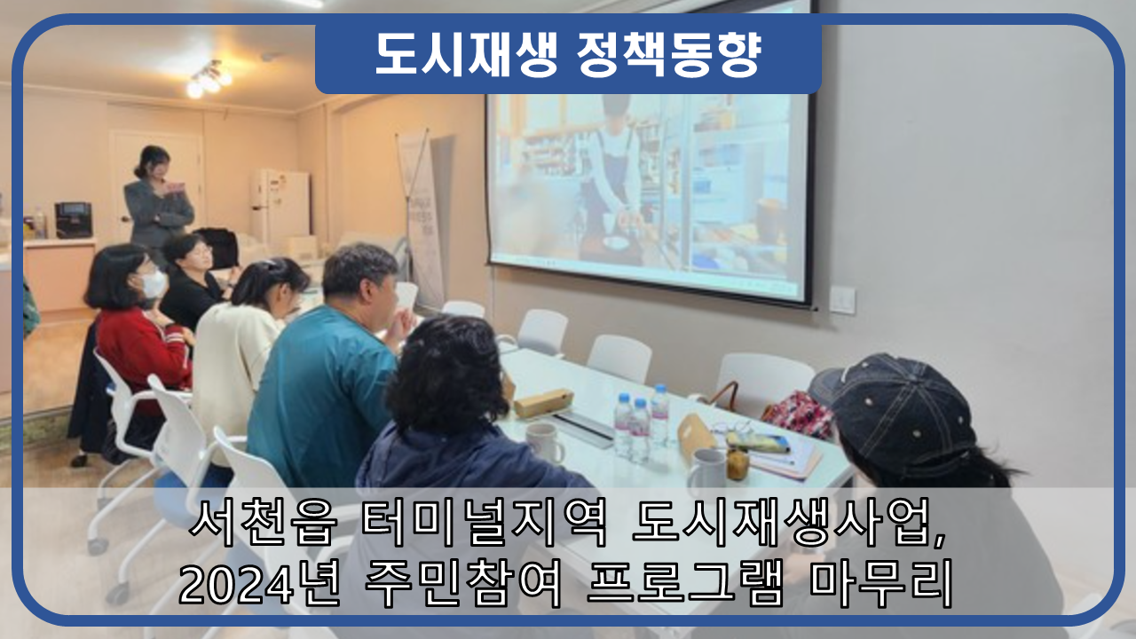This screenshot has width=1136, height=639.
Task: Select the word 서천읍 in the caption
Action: coord(263,523)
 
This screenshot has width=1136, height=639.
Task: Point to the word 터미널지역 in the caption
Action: coord(485,523)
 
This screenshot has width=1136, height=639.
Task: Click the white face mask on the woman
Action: coord(154,284)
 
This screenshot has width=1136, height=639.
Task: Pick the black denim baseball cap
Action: coord(895,414)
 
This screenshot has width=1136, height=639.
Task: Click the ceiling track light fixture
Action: coord(209,79)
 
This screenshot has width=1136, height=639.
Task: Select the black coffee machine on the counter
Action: coord(74,220)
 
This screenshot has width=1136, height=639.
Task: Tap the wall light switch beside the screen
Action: coord(842,300)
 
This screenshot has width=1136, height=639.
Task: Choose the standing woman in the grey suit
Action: coord(157,201)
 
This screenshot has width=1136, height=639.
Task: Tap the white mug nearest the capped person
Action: coord(707,469)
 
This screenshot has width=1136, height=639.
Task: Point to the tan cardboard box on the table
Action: coord(544,403)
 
